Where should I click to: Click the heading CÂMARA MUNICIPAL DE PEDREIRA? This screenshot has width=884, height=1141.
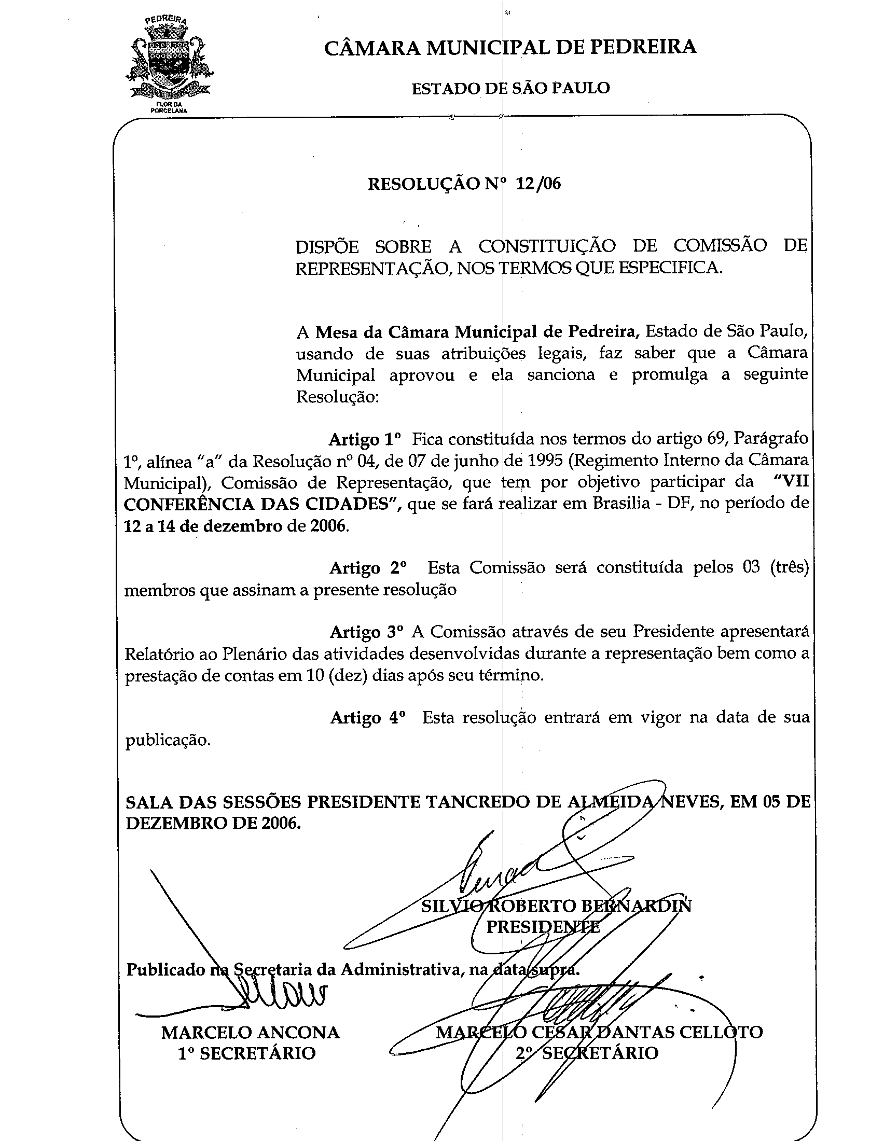510,47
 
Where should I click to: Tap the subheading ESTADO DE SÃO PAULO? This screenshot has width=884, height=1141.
510,88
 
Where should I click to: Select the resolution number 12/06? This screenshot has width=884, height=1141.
537,184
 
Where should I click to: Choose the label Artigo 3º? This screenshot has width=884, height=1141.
367,632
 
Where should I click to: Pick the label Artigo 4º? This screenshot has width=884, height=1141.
368,717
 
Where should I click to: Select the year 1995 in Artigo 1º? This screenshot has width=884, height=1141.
542,460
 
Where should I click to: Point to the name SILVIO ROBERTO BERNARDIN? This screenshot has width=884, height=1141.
557,906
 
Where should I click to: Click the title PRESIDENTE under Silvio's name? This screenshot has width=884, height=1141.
543,927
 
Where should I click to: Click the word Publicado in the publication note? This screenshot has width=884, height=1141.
165,969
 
